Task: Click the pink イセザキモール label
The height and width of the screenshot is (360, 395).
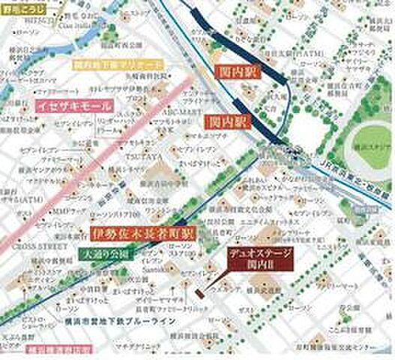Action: pos(73,106)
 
